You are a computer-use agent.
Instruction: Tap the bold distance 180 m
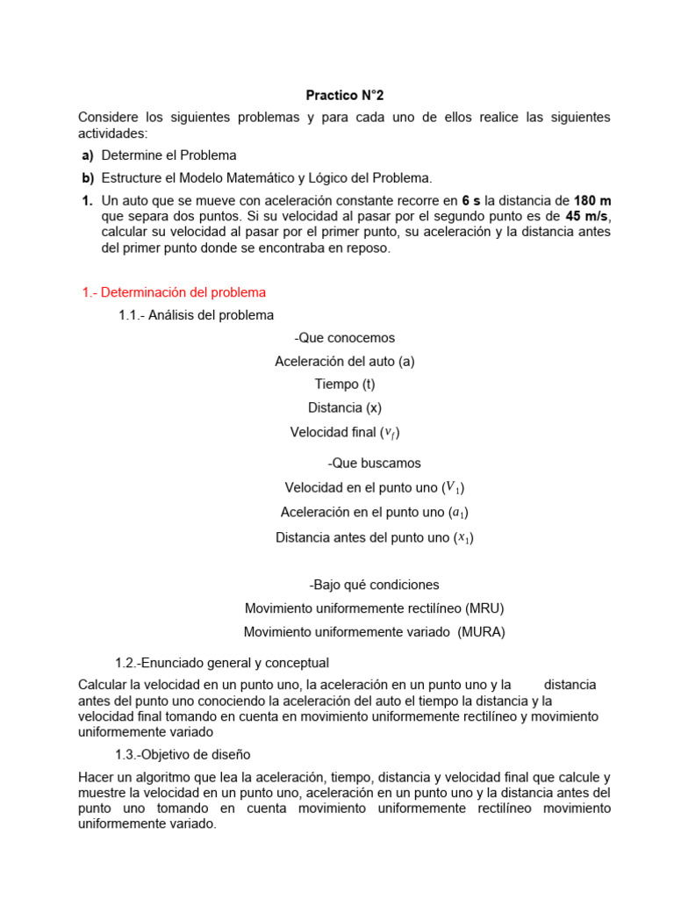click(592, 200)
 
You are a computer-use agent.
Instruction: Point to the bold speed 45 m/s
click(587, 216)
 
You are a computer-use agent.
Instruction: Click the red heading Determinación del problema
click(173, 292)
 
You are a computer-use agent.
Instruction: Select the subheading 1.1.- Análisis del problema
click(196, 315)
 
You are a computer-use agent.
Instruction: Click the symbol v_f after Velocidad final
click(391, 433)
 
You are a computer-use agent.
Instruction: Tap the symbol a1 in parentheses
click(456, 512)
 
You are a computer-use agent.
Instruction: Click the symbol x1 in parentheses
click(462, 537)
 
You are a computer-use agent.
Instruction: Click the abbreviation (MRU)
click(484, 608)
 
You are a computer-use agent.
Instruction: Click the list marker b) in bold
click(88, 177)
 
